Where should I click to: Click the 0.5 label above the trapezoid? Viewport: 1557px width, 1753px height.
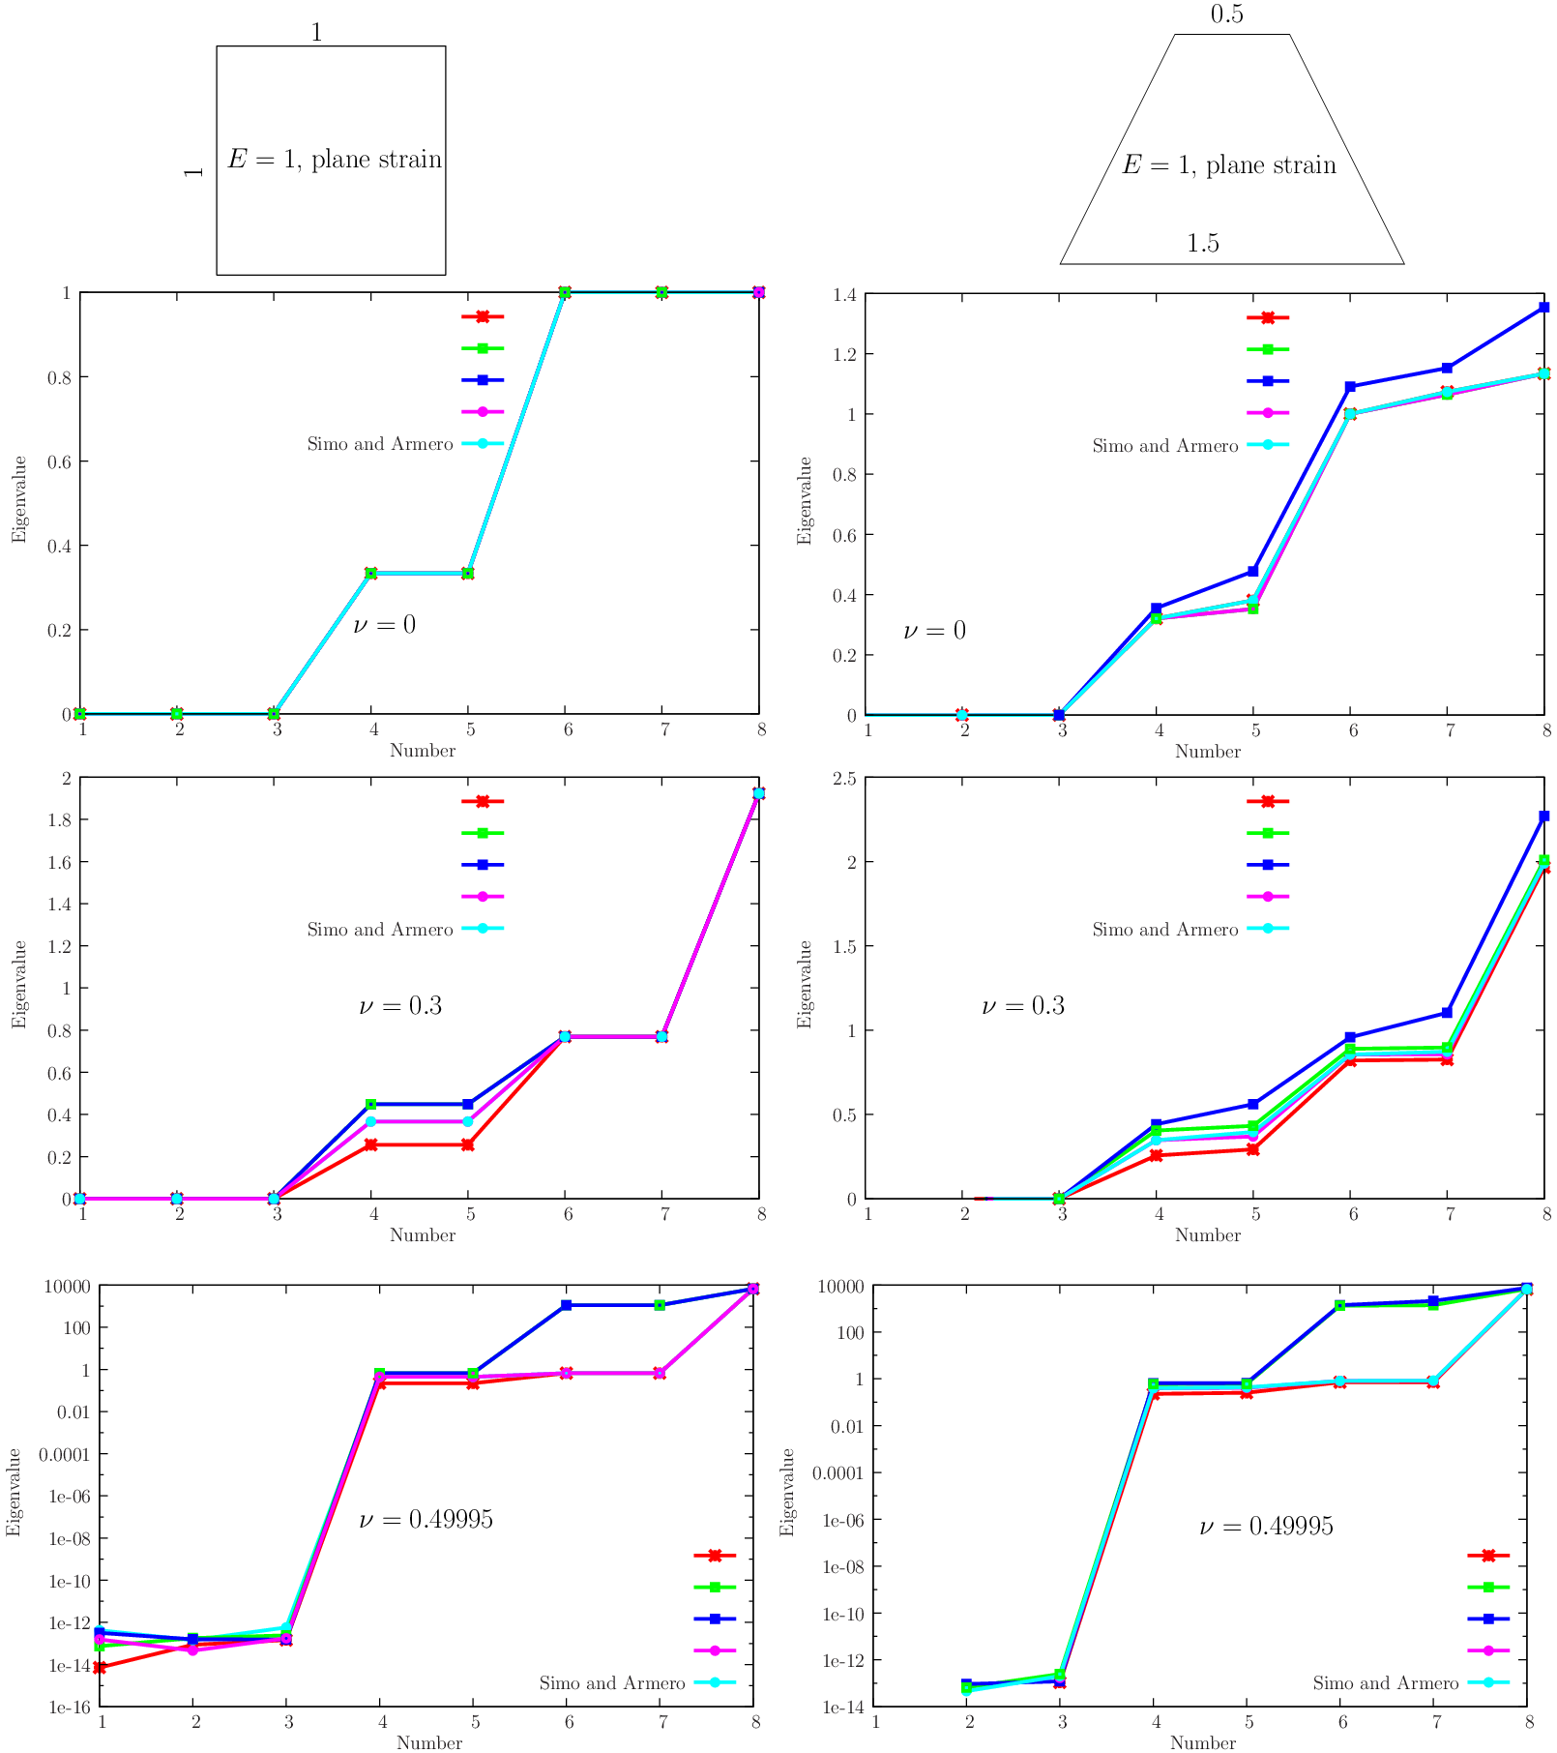(1226, 15)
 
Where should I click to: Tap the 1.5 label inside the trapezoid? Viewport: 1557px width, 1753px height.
(1203, 244)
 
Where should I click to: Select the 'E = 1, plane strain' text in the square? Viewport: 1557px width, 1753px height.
(335, 160)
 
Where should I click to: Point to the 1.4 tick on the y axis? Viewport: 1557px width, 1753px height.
(843, 295)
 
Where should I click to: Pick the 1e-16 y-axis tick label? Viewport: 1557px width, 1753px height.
(70, 1708)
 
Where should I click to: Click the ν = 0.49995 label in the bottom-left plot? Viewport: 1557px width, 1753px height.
(426, 1520)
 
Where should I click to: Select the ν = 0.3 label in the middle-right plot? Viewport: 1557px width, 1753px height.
(1022, 1006)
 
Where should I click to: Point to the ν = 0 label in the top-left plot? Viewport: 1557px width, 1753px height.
(384, 625)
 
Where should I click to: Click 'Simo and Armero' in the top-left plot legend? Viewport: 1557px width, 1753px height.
(380, 444)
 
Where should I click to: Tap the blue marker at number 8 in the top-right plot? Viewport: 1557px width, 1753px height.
(1544, 308)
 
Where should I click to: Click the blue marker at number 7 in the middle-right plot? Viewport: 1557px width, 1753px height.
(1447, 1013)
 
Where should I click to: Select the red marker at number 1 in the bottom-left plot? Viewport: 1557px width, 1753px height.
(100, 1668)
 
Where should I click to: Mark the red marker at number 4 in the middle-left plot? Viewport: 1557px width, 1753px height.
(371, 1144)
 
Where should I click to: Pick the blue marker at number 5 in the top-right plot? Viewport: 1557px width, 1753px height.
(1253, 571)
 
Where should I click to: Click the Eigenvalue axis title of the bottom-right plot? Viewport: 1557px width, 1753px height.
(787, 1492)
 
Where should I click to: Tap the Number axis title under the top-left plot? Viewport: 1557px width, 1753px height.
(423, 751)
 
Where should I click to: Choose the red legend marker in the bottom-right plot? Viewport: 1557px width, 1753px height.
(1488, 1556)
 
